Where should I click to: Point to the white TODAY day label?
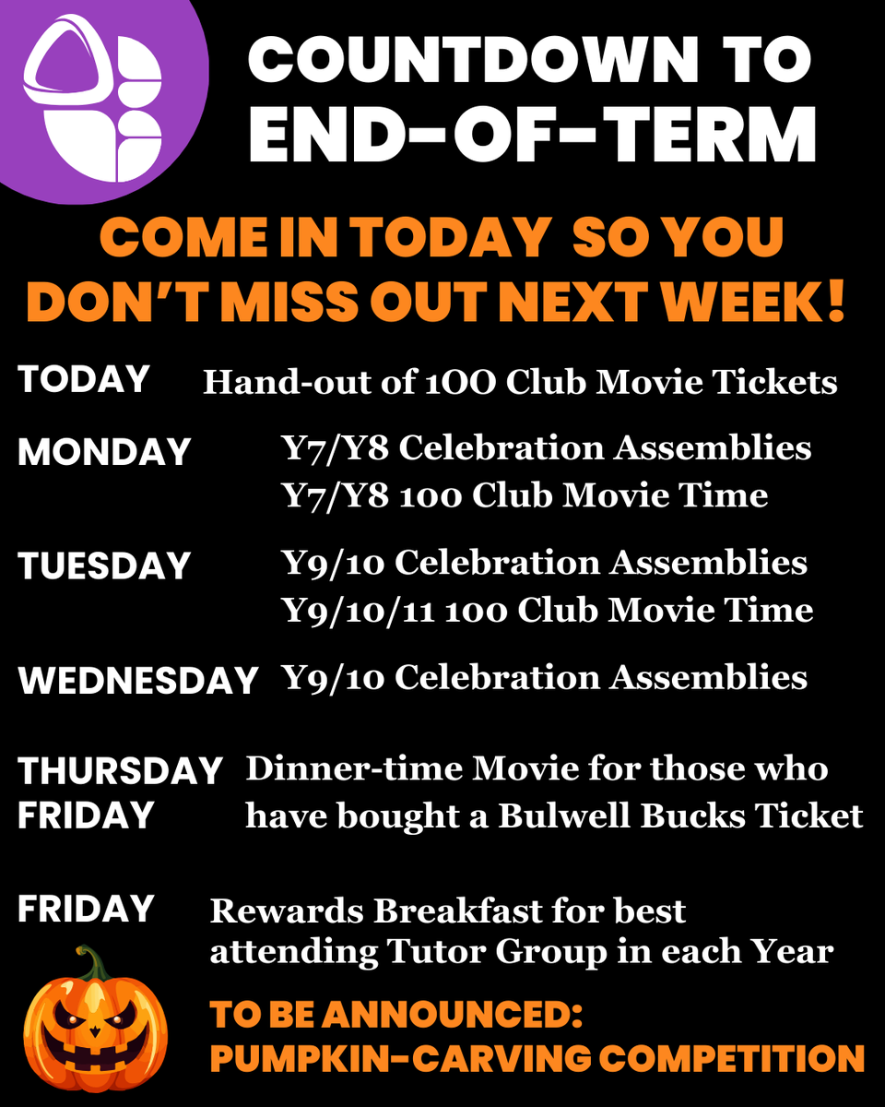click(84, 379)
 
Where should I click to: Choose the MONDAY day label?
click(104, 452)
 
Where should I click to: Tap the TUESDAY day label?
click(104, 565)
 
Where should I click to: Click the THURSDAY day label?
click(121, 770)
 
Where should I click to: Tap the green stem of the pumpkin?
click(88, 965)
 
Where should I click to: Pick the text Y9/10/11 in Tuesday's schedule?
click(360, 610)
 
